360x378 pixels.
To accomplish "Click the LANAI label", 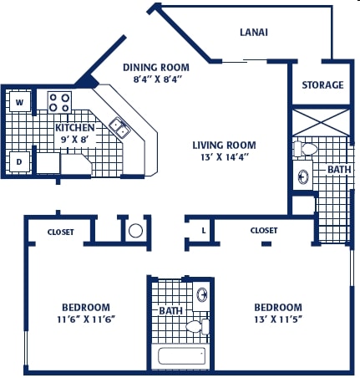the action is coord(254,33).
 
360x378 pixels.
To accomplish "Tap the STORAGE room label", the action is coord(322,84).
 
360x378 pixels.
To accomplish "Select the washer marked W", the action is coord(19,102).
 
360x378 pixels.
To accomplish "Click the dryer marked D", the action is coord(19,161).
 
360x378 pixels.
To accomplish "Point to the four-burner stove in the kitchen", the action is coord(59,102).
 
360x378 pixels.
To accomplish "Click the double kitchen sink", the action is coord(120,128).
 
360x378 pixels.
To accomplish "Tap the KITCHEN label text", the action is coord(75,128).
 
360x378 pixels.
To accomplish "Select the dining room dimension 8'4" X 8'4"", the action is coord(158,79).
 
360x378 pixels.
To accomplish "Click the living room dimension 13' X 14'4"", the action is coord(225,157).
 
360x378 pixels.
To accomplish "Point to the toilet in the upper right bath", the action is coord(305,149).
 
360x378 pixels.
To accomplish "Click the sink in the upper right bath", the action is coord(303,176).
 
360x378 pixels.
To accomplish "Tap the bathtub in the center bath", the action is coord(182,355).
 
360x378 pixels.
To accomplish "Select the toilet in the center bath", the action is coord(198,326).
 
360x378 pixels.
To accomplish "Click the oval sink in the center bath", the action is coord(202,295).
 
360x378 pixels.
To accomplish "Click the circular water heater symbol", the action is coord(135,231).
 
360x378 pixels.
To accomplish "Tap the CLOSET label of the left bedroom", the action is coord(61,232).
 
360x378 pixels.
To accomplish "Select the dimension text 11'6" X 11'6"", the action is coord(86,319).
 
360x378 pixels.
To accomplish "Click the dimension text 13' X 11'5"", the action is coord(278,319).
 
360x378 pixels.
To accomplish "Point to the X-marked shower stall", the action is coord(321,123).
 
